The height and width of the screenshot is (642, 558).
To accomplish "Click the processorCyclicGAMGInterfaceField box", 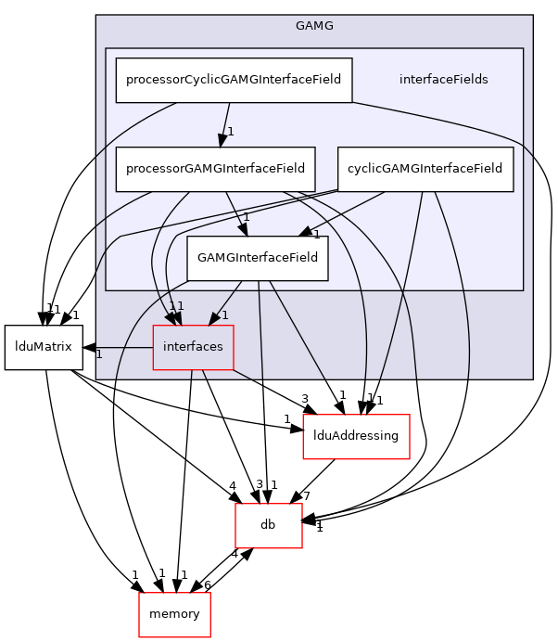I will pyautogui.click(x=234, y=80).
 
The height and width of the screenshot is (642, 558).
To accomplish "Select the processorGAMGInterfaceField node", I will pyautogui.click(x=215, y=169).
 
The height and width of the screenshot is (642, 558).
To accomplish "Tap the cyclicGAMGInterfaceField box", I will pyautogui.click(x=425, y=169).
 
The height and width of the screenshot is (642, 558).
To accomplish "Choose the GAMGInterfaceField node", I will pyautogui.click(x=258, y=258).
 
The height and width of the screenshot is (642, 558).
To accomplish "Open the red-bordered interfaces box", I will pyautogui.click(x=193, y=347).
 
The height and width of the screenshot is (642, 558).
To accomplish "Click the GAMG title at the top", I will pyautogui.click(x=314, y=25).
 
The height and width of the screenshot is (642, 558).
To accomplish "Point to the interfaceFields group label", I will pyautogui.click(x=443, y=80).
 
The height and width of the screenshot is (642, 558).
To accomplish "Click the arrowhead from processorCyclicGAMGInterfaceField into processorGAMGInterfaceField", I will pyautogui.click(x=222, y=140).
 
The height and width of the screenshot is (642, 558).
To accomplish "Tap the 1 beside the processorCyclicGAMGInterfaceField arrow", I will pyautogui.click(x=231, y=132).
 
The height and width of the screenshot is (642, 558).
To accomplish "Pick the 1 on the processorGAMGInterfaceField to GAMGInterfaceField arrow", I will pyautogui.click(x=247, y=218).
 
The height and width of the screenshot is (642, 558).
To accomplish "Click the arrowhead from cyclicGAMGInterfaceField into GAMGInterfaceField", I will pyautogui.click(x=302, y=232).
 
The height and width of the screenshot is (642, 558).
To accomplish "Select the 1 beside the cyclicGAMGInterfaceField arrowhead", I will pyautogui.click(x=316, y=235).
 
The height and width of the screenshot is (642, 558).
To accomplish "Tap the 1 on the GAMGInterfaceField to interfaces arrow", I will pyautogui.click(x=225, y=315).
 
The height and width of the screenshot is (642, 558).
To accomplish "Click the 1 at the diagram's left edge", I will pyautogui.click(x=99, y=354).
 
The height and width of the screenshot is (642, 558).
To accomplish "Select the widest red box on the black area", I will pyautogui.click(x=356, y=436).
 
